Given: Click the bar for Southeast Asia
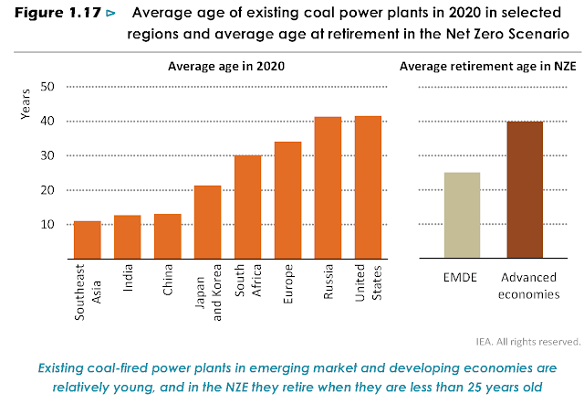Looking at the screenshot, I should point(88,239).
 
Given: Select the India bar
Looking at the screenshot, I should point(128,237).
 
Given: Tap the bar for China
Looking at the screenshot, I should point(168,236).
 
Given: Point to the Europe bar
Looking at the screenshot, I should point(288,200).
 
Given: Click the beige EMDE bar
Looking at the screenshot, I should point(462,216).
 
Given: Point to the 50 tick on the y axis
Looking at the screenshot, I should point(48,87).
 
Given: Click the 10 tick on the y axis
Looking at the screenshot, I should point(48,225).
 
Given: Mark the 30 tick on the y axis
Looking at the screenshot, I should point(48,156).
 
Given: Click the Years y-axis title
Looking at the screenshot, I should point(25,105).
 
